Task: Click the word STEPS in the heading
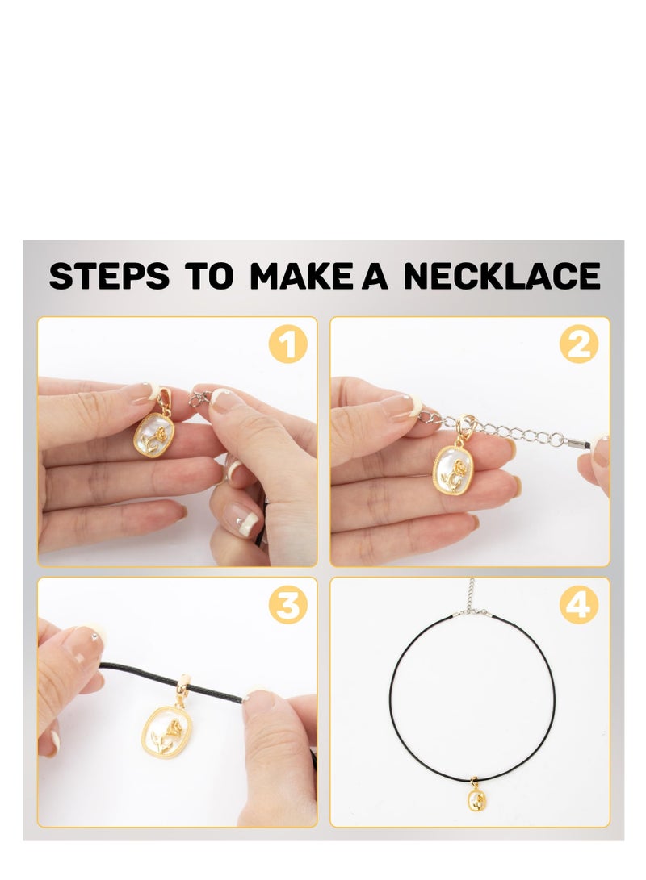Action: pos(109,276)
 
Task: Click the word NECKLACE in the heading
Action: pos(501,276)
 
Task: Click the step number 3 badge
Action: pos(287,605)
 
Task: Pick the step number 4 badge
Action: pos(580,605)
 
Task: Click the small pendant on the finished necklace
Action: pos(476,802)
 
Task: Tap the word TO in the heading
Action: pos(208,276)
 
